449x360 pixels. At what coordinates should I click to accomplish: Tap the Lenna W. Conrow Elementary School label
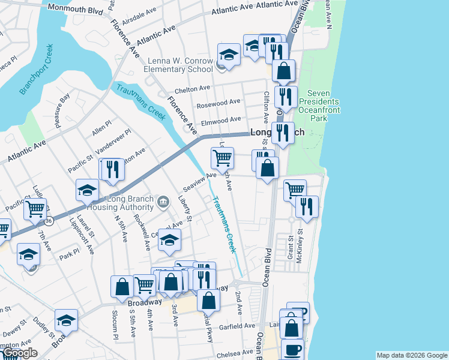coord(178,65)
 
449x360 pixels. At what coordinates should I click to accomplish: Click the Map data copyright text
coord(411,355)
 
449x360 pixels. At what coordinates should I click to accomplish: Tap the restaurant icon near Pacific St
coord(111,170)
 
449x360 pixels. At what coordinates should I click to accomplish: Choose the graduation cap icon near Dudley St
coord(66,320)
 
